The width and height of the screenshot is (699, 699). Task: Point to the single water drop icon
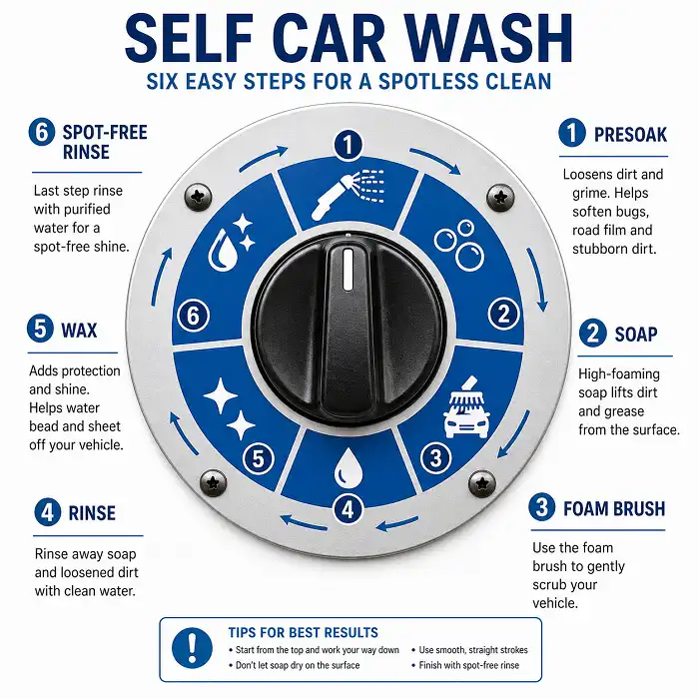pos(347,465)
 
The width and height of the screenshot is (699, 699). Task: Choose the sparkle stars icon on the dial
pos(229,408)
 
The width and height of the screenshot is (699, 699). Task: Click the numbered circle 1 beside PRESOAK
pos(572,134)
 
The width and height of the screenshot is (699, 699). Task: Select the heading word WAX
pos(80,329)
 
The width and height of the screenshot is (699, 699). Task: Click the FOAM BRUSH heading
pos(613,508)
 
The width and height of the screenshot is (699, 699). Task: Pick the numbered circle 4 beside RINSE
pos(46,513)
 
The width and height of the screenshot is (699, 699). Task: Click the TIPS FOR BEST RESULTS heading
pos(303,632)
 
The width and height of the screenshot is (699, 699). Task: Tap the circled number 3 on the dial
pos(434,458)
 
